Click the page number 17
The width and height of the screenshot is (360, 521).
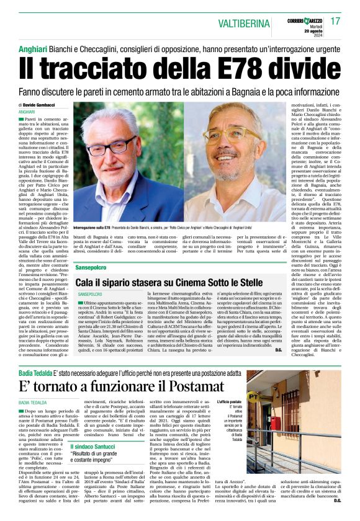tap(336, 21)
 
